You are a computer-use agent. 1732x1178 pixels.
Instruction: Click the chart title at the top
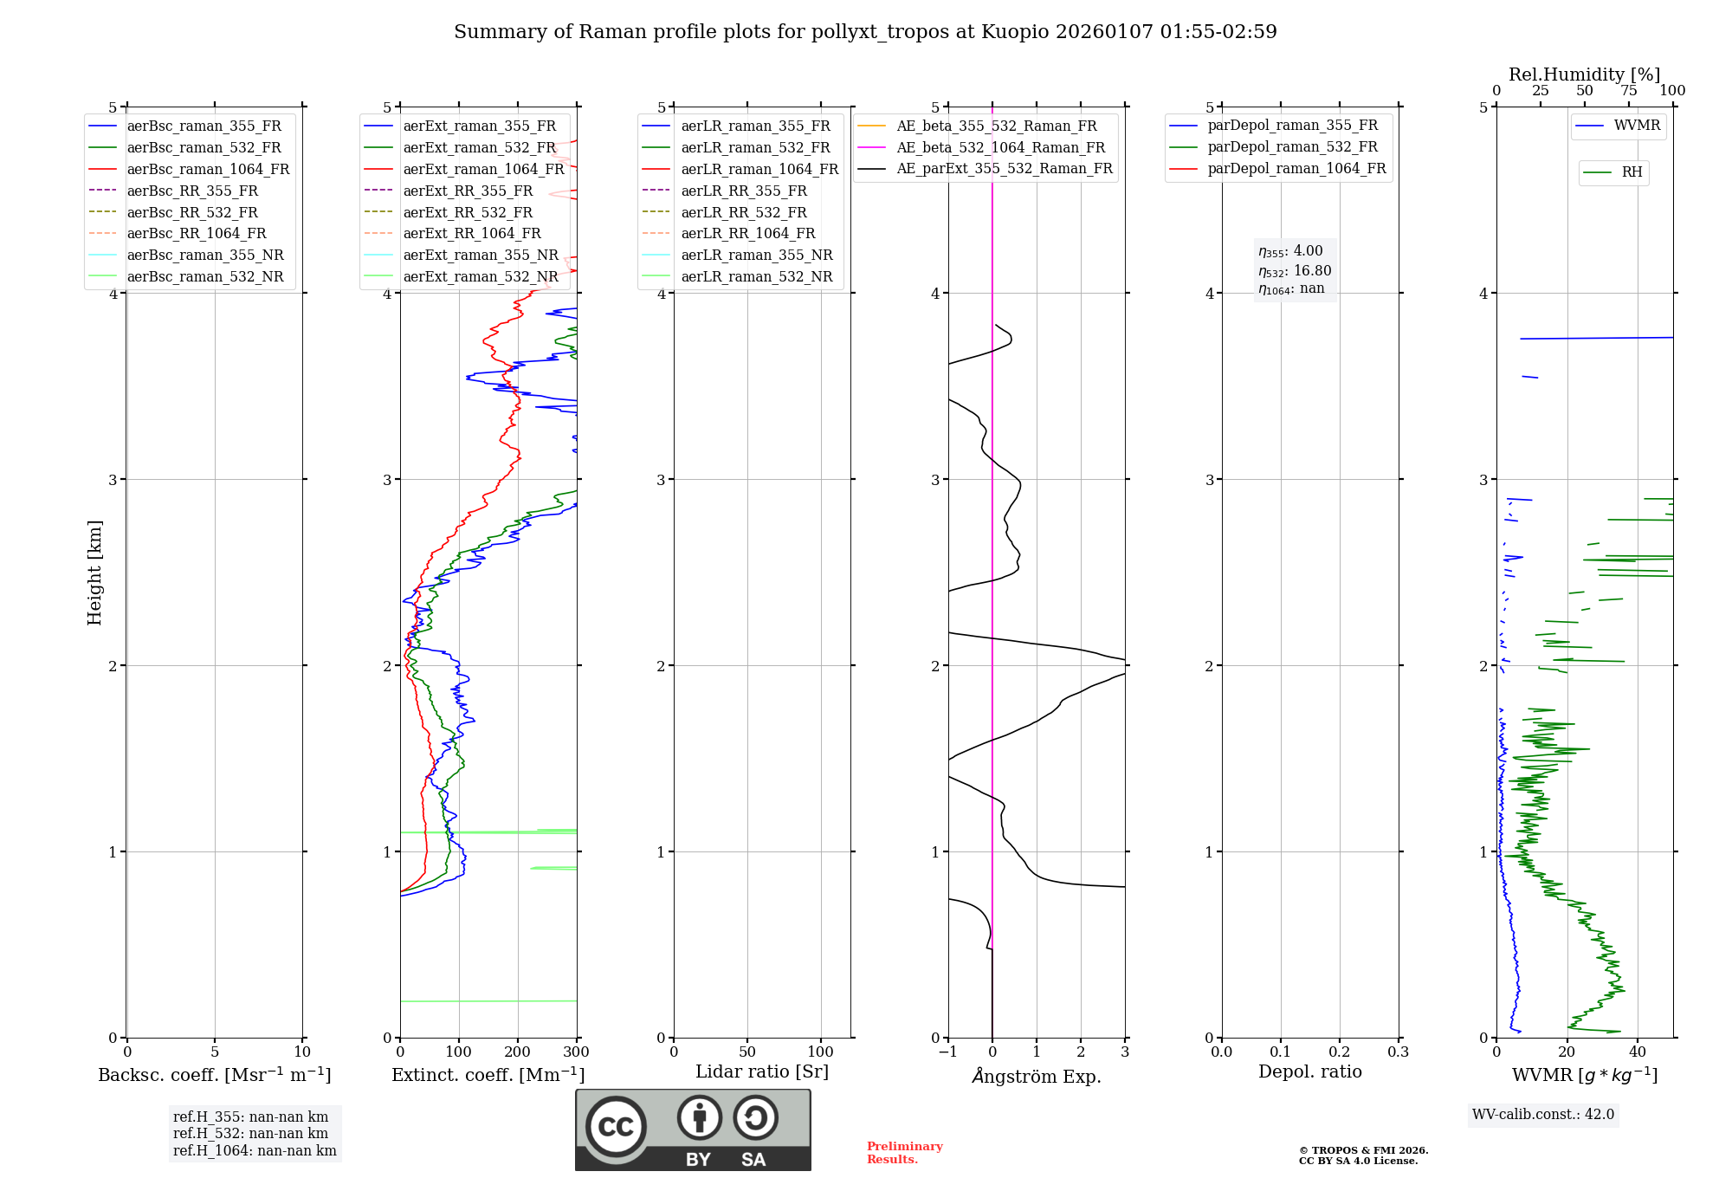tap(865, 32)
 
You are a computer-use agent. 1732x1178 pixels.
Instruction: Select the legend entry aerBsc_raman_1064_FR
tap(208, 169)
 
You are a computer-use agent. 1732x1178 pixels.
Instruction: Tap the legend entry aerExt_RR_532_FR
tap(468, 212)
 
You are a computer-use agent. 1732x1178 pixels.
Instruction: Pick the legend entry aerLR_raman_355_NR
tap(756, 255)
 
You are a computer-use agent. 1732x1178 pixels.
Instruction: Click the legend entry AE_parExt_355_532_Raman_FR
tap(1004, 168)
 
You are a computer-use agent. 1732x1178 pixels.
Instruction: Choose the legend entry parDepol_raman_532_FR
tap(1292, 146)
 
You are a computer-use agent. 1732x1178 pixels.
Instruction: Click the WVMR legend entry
tap(1636, 126)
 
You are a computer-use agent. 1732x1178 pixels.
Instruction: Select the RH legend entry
tap(1632, 172)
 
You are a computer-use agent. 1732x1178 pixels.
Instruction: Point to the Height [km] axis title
tap(94, 573)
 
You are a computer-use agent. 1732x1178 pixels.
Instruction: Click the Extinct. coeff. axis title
tap(488, 1075)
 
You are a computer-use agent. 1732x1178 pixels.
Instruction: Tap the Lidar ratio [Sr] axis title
tap(762, 1071)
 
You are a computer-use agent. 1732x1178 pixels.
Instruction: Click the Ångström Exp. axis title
tap(1037, 1076)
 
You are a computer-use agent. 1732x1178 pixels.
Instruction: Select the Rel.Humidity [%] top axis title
tap(1584, 74)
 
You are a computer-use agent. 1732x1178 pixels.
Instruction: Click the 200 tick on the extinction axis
tap(518, 1052)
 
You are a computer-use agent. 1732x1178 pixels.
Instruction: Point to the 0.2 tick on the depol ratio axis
tap(1340, 1052)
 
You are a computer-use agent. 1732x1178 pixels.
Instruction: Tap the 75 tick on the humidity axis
tap(1628, 91)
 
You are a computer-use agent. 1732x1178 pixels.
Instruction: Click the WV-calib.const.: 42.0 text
tap(1543, 1114)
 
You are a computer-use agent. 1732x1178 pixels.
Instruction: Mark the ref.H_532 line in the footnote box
tap(250, 1133)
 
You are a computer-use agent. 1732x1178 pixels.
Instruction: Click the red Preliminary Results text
tap(904, 1152)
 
